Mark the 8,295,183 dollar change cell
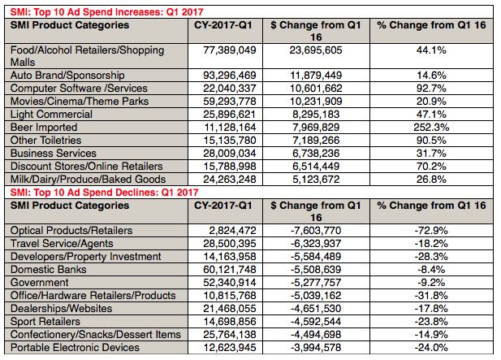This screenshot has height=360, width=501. pos(313,115)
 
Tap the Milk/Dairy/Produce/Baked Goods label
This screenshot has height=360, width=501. pos(88,180)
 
